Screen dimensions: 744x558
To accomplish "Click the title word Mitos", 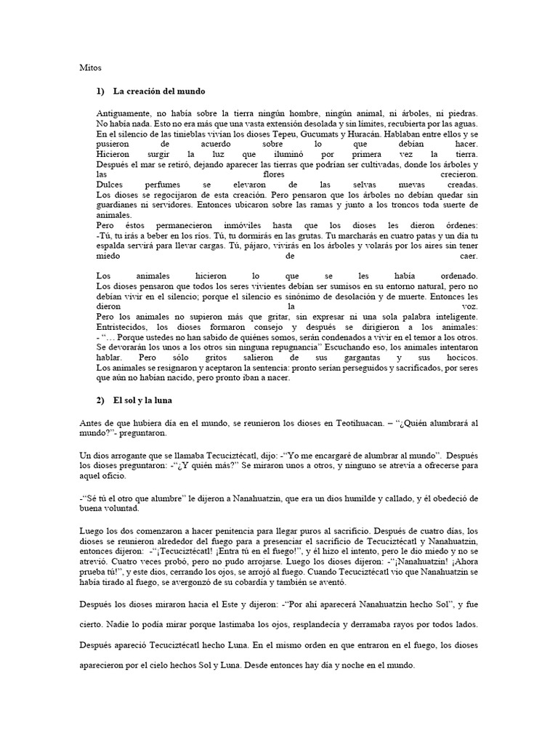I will (x=89, y=68).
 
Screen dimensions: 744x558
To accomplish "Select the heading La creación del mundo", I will (x=159, y=92).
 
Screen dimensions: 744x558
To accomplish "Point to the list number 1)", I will (x=100, y=92).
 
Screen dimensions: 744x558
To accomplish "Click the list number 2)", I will (x=100, y=400).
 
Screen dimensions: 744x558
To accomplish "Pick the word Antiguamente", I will (x=122, y=114).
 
